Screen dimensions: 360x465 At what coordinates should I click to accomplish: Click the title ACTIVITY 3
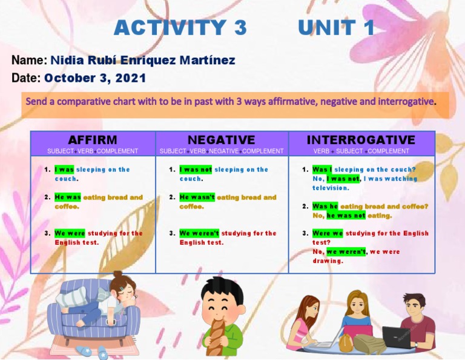coord(180,27)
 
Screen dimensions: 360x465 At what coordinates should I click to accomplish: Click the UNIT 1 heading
coord(336,27)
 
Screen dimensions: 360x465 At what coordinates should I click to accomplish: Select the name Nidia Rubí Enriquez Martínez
coord(142,61)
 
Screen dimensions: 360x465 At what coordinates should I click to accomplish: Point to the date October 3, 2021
coord(95,78)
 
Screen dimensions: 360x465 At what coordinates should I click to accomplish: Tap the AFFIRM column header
coord(93,140)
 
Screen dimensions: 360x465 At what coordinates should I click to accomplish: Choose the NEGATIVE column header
coord(222,140)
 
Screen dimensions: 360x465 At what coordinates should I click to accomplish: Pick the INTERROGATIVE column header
coord(361,140)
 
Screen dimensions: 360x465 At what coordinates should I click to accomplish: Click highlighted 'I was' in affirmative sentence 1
coord(64,170)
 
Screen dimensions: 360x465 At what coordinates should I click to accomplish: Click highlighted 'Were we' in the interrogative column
coord(328,233)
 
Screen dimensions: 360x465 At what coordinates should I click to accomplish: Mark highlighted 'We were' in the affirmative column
coord(70,233)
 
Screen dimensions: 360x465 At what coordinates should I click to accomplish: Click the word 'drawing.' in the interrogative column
coord(328,261)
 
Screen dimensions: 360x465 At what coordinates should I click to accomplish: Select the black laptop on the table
coord(395,337)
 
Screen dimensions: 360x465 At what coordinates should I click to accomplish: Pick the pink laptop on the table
coord(357,332)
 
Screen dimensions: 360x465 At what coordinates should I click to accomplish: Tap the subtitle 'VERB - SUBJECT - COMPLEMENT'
coord(361,151)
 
